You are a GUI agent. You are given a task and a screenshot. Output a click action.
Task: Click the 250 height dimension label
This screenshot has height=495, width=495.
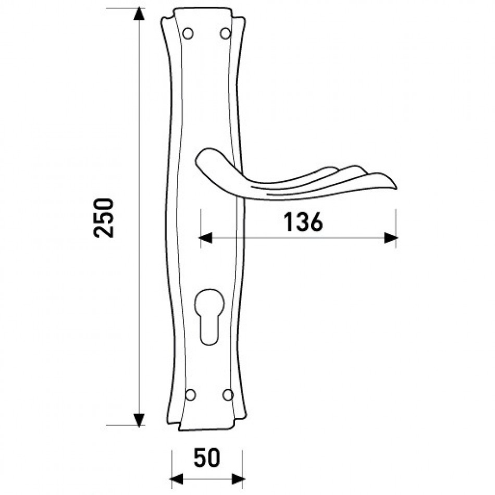coord(104,217)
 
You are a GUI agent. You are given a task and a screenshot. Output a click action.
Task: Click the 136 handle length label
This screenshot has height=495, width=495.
coord(303,221)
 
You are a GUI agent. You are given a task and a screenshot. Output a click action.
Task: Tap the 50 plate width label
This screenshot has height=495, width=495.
coord(207,458)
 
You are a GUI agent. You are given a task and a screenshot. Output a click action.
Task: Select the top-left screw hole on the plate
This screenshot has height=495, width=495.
coord(188,33)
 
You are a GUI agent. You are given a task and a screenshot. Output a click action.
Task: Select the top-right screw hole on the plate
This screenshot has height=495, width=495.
coord(226,33)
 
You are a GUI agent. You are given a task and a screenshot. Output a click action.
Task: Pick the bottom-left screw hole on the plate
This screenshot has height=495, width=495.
coord(190,395)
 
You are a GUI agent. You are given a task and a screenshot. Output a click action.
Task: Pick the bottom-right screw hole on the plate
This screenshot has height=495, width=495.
coord(228,395)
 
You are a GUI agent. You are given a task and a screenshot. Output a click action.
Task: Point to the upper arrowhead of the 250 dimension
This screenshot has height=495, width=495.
coord(139,14)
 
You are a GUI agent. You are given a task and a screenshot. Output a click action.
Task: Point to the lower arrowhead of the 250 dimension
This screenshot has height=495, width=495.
coord(139,420)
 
